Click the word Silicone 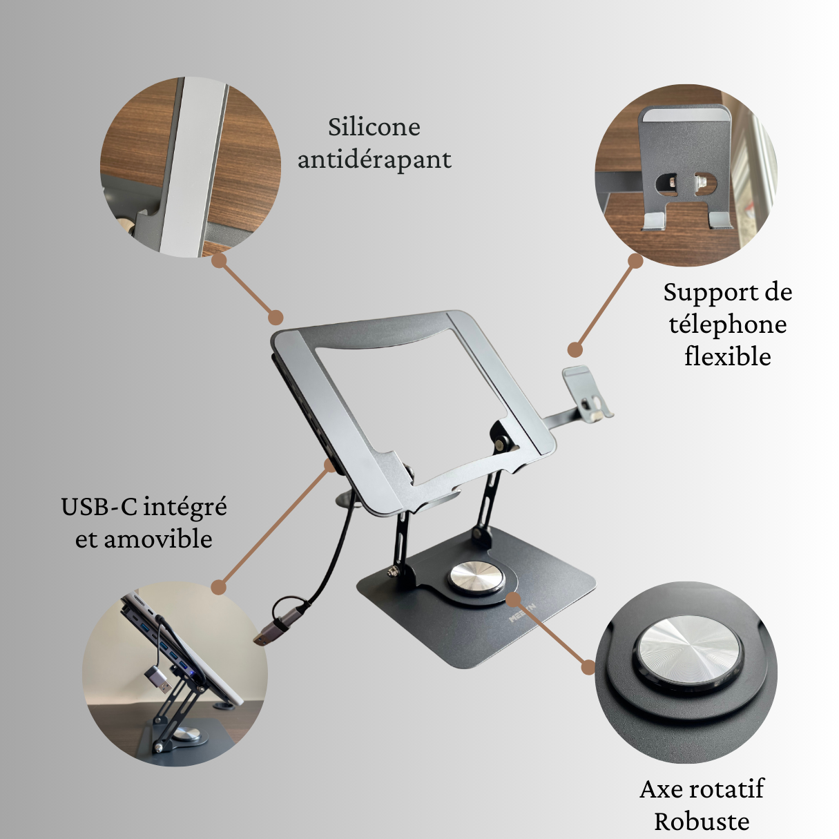coord(374,127)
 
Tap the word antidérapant coord(374,160)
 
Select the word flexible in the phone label coord(728,356)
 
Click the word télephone coord(728,325)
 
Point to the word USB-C coord(102,508)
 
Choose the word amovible coord(158,539)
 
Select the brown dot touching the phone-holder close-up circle coord(635,261)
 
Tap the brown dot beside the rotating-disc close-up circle coord(588,668)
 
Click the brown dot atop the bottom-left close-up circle coord(219,588)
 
